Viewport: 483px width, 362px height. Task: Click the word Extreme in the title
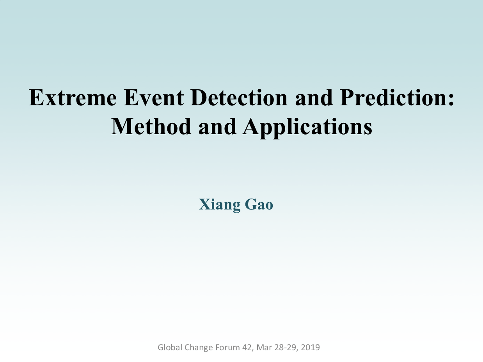(73, 98)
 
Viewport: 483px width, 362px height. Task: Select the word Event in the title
(154, 98)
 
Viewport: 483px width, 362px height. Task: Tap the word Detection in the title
(239, 98)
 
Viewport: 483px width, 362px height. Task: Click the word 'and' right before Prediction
(314, 98)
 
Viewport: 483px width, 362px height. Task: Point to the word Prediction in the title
(393, 98)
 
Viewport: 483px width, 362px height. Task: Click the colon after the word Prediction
(451, 101)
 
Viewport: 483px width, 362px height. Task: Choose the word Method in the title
(151, 126)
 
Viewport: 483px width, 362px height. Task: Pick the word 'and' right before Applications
(217, 126)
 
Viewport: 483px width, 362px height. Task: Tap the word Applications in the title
(307, 128)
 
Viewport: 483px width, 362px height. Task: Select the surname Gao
(259, 204)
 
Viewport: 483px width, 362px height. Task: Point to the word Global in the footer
(170, 348)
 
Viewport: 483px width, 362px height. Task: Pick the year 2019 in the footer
(310, 348)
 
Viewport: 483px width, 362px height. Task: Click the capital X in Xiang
(204, 204)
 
